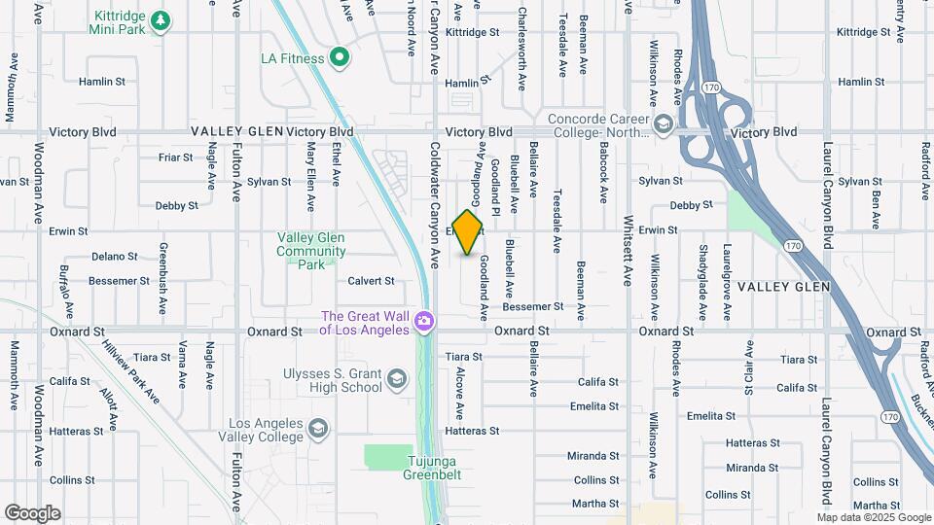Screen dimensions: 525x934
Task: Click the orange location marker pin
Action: [468, 232]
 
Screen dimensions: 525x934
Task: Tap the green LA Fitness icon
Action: [339, 58]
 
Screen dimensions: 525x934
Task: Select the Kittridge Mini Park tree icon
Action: [161, 19]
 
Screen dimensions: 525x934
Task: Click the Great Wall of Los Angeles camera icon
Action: [423, 320]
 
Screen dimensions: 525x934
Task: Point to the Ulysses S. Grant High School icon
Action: [396, 378]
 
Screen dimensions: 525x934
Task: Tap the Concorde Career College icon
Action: [663, 123]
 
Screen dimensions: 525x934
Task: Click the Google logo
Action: [32, 513]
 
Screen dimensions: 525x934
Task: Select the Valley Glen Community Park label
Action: [310, 251]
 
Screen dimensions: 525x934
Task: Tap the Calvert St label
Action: [371, 281]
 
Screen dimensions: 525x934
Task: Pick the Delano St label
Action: [115, 257]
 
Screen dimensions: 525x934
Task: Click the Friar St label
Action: [176, 157]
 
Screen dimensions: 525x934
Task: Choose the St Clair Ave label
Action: [749, 370]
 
